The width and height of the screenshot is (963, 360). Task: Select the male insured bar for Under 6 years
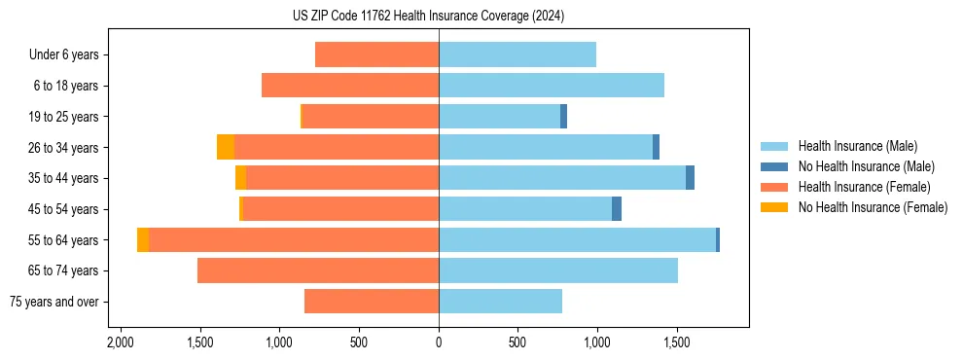click(517, 54)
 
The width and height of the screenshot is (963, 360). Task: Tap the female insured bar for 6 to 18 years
click(350, 86)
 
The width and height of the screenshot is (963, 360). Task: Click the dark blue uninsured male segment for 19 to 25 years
click(563, 117)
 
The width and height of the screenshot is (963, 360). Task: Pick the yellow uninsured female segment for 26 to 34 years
click(225, 147)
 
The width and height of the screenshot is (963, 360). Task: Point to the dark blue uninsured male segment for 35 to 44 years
click(690, 178)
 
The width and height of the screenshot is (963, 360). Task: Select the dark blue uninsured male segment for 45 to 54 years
click(617, 209)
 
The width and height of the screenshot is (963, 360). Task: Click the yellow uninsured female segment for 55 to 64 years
click(143, 239)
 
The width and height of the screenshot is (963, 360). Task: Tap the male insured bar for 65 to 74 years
click(558, 270)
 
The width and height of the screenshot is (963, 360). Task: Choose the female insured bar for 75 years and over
click(372, 302)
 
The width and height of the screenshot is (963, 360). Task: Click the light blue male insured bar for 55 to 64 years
click(577, 239)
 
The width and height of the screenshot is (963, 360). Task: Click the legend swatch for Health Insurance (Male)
click(774, 146)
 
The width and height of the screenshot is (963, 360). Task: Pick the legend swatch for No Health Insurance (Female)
click(774, 207)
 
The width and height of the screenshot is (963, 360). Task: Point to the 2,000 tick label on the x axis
click(120, 342)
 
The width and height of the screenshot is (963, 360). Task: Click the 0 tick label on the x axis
click(439, 342)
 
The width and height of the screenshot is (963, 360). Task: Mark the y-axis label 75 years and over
click(53, 302)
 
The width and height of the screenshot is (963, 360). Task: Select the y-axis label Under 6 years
click(63, 54)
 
